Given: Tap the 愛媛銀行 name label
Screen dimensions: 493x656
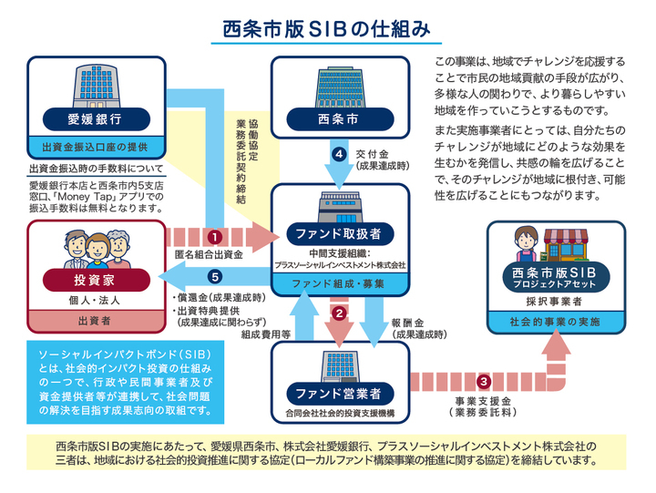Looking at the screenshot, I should (95, 118).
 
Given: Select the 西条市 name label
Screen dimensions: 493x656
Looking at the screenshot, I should (339, 118).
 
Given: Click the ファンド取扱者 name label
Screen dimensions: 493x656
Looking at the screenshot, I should (338, 233).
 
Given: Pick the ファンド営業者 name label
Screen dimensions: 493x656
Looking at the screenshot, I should (338, 393).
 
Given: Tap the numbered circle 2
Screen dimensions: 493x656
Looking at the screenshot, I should (339, 313).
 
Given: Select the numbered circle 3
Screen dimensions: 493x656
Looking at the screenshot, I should (484, 381).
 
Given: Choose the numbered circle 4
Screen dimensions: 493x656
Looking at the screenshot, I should (339, 154).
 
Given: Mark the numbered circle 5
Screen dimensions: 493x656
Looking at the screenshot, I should (215, 276).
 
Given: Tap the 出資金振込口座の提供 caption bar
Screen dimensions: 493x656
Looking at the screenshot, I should (95, 147).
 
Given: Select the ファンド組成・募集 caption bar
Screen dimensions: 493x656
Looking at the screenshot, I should (338, 284).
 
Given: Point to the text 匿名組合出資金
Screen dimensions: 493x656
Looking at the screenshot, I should (212, 254).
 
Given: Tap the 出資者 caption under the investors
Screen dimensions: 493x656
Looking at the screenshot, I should (95, 321).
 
